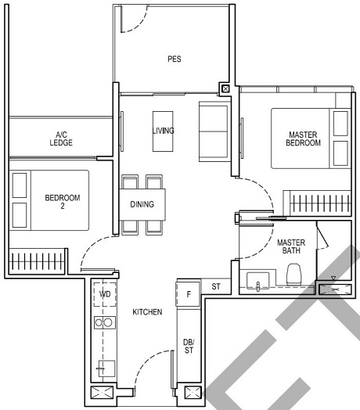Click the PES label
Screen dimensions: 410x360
(175, 59)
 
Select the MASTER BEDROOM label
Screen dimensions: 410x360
(303, 138)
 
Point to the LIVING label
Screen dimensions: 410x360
(164, 131)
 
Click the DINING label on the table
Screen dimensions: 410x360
(142, 205)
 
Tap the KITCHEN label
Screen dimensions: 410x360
(147, 312)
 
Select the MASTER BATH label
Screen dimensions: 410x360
(291, 247)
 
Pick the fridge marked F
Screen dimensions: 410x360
(189, 295)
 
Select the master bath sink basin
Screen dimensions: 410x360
(258, 280)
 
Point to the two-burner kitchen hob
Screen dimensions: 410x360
(103, 322)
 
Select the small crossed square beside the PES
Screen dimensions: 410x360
(226, 89)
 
